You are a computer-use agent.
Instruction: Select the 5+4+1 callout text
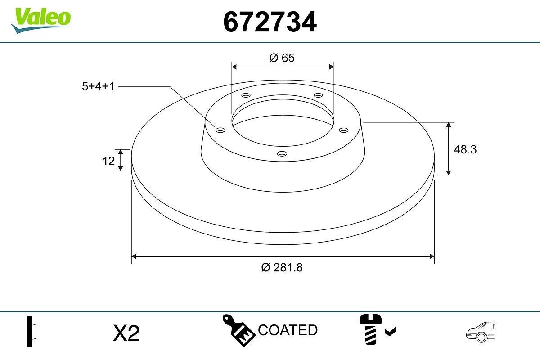click(98, 86)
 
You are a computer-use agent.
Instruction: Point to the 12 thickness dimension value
click(109, 161)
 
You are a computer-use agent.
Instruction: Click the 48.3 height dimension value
click(465, 149)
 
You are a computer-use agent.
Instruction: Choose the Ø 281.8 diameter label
click(282, 267)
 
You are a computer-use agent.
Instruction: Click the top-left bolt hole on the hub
click(246, 95)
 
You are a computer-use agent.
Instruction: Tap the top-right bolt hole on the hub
click(319, 95)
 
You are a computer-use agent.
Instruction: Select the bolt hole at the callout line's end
click(220, 130)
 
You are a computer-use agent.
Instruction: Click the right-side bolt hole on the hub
click(344, 130)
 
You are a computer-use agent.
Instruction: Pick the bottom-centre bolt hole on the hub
click(282, 154)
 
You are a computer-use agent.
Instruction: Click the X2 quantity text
click(126, 333)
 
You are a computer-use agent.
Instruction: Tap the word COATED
click(288, 330)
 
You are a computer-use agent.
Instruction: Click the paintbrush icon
click(239, 331)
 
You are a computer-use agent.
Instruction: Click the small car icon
click(480, 331)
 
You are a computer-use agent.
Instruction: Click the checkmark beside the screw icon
click(390, 332)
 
